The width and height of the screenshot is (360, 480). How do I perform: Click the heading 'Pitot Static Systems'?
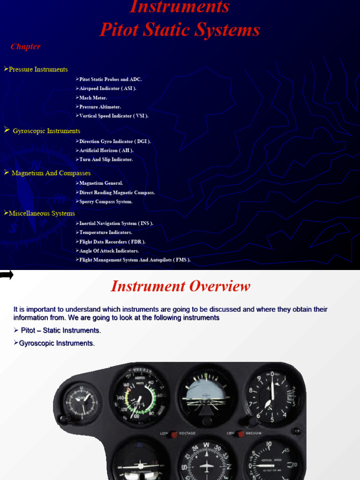(x=180, y=30)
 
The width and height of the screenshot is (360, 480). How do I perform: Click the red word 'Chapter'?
(x=25, y=47)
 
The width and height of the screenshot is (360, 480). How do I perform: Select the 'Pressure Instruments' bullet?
(x=38, y=69)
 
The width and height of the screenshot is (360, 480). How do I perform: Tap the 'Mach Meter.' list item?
(x=93, y=97)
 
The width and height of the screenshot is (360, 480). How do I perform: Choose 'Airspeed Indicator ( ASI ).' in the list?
(x=108, y=89)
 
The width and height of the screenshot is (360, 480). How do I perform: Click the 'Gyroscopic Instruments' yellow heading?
(x=46, y=131)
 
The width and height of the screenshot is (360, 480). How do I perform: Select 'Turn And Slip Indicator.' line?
(x=106, y=159)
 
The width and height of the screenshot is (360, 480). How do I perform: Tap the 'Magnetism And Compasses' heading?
(x=51, y=173)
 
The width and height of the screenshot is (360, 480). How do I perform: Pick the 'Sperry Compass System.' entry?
(x=105, y=202)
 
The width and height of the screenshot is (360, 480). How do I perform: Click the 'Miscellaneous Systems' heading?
(x=42, y=213)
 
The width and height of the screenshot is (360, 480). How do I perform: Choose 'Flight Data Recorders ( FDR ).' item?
(x=112, y=242)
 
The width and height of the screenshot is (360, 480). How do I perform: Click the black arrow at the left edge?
(x=7, y=275)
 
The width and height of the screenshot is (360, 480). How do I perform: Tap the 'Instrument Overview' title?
(x=180, y=286)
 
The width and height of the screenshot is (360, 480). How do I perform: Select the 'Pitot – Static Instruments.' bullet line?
(x=60, y=330)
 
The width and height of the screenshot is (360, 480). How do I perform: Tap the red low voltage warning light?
(x=173, y=434)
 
